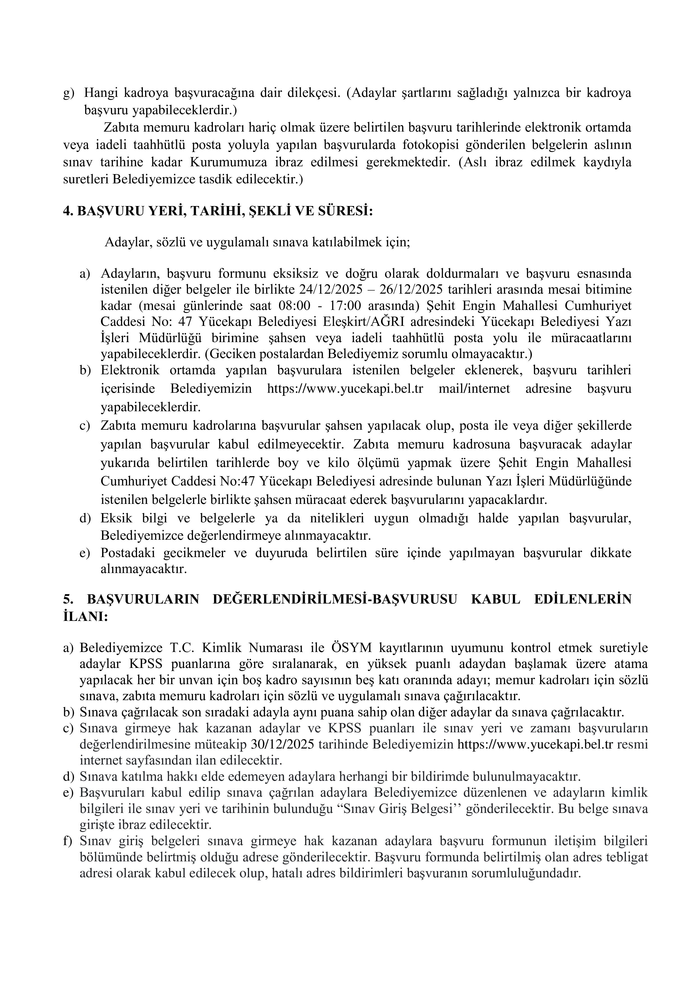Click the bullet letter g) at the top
pyautogui.click(x=68, y=93)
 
